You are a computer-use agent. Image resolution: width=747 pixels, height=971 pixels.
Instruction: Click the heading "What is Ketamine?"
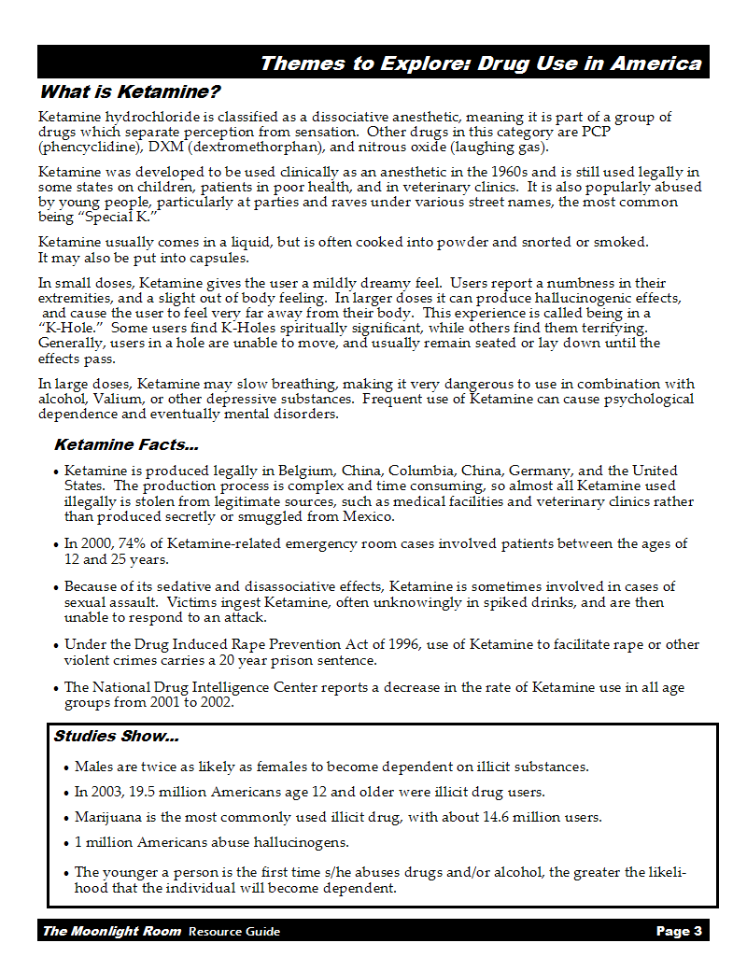tap(130, 92)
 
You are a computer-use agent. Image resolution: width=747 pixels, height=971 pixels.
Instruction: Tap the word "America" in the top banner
tap(655, 63)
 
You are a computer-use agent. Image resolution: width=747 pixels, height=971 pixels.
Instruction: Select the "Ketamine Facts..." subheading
tap(126, 445)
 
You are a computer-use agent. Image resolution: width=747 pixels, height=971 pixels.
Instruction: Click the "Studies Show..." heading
tap(116, 737)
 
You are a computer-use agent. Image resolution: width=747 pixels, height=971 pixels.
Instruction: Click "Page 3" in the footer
tap(679, 931)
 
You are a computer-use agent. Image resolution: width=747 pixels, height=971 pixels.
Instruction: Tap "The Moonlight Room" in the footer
tap(111, 931)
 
